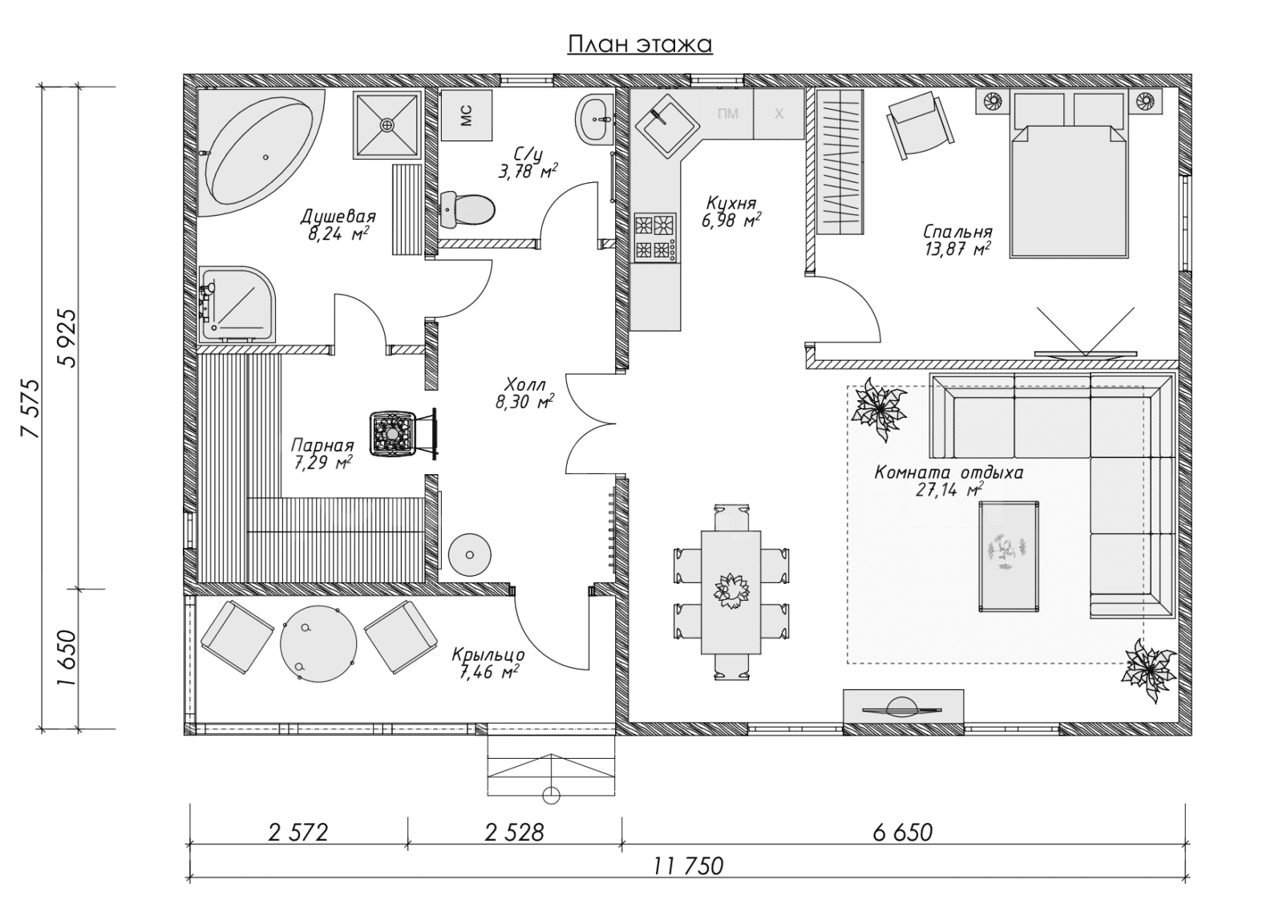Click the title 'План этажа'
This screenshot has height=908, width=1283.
coord(640,44)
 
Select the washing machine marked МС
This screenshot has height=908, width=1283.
coord(466,116)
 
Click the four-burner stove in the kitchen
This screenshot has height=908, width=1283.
coord(654,237)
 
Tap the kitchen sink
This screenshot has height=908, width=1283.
coord(666,127)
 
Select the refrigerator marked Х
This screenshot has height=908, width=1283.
coord(779,113)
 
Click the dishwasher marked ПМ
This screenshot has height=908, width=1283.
coord(727,113)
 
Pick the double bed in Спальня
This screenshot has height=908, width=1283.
coord(1068,175)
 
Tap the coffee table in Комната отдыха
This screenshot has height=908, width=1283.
coord(1009,556)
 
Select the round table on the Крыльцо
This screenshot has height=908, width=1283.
coord(318,643)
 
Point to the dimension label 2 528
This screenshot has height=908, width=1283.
coord(514,833)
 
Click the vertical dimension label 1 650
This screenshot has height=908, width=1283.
coord(67,658)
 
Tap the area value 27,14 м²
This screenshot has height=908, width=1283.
coord(949,490)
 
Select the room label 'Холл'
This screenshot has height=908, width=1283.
coord(526,384)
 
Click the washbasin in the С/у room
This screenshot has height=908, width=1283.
coord(595,120)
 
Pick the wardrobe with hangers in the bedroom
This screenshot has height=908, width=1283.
coord(840,162)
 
